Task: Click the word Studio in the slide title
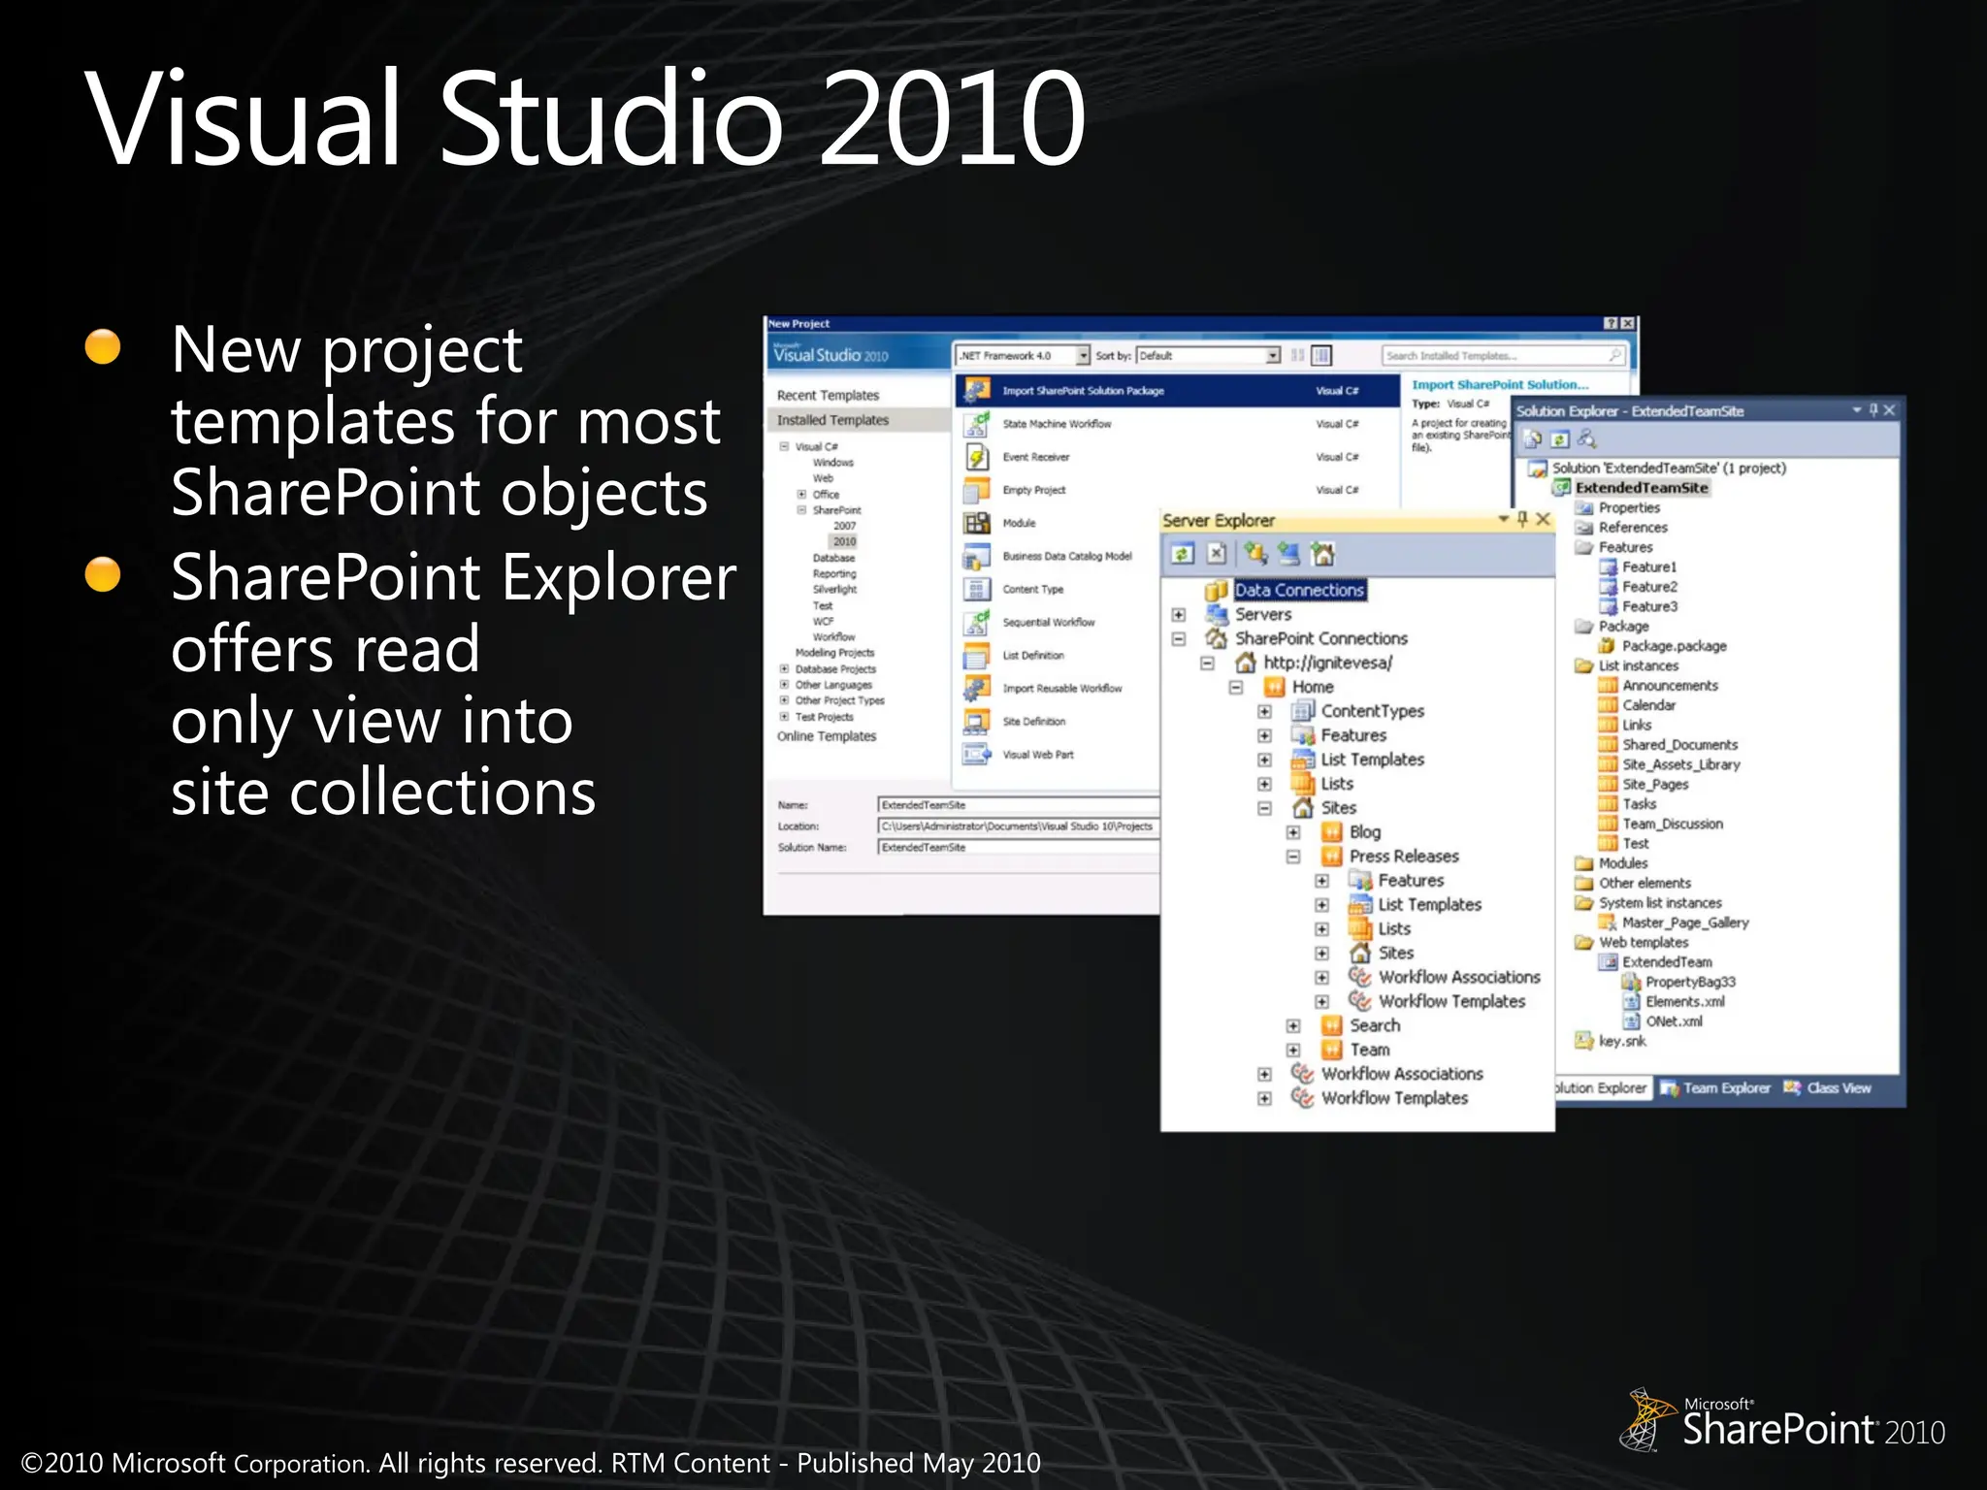coord(611,118)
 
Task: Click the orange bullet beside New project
coord(103,346)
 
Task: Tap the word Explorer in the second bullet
coord(619,577)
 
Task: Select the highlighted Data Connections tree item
coord(1299,590)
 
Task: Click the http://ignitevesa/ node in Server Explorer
coord(1326,663)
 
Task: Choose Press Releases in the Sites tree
coord(1403,856)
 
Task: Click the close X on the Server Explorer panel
coord(1543,519)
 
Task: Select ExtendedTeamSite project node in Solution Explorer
coord(1641,488)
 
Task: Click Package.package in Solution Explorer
coord(1674,646)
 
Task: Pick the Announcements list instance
coord(1670,686)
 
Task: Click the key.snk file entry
coord(1621,1041)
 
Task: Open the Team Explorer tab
coord(1724,1088)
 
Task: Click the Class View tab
coord(1838,1088)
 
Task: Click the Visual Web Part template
coord(1037,755)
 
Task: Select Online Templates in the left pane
coord(826,736)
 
